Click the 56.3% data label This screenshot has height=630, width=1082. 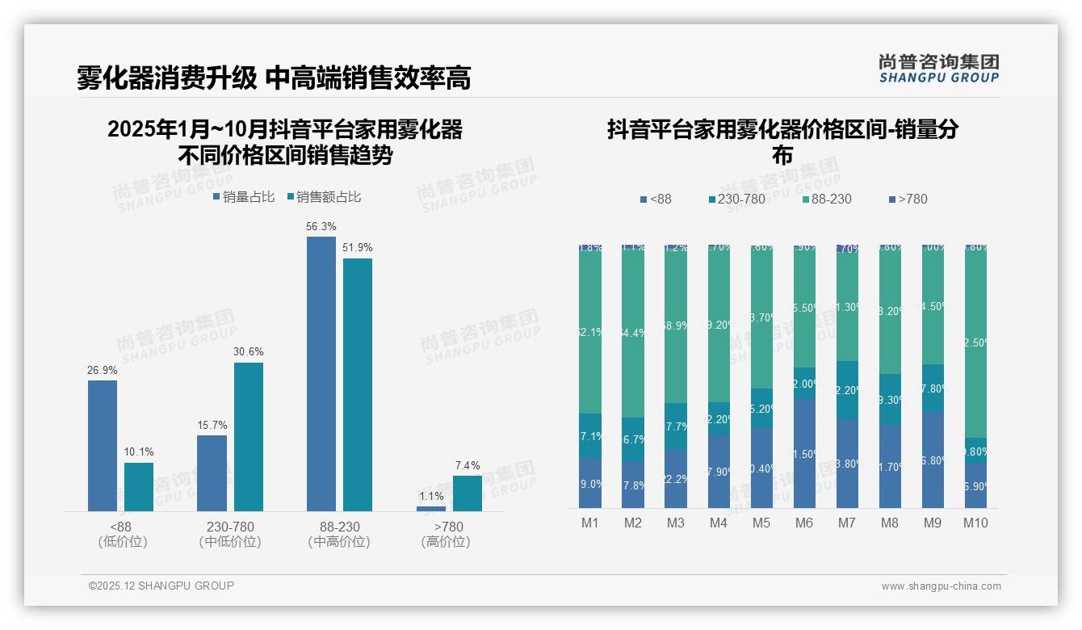coord(321,226)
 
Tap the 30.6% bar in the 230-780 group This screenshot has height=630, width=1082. coord(249,436)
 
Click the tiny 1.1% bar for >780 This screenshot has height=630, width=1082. coord(431,508)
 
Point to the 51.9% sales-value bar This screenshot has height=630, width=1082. coord(358,384)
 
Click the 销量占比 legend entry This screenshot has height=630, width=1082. coord(244,197)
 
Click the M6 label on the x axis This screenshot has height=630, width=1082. coord(804,523)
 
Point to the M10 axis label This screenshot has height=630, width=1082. coord(975,523)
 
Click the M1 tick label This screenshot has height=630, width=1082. coord(590,523)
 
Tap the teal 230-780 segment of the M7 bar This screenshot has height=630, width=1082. coord(847,390)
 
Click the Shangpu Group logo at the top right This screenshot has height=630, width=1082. coord(939,68)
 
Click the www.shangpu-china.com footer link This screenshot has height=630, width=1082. coord(941,586)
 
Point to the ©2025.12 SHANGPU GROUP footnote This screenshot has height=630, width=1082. coord(161,586)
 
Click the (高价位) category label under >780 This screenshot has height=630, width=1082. coord(446,542)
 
